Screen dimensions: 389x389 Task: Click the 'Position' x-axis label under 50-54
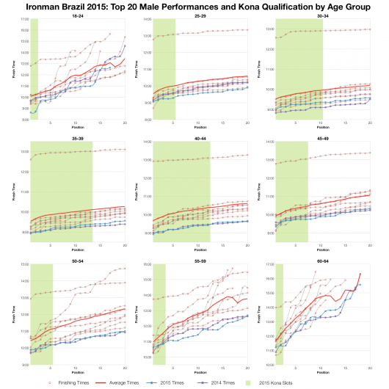point(77,374)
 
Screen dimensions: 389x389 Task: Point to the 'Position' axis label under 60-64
point(322,374)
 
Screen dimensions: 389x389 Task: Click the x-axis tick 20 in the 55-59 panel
point(247,368)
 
